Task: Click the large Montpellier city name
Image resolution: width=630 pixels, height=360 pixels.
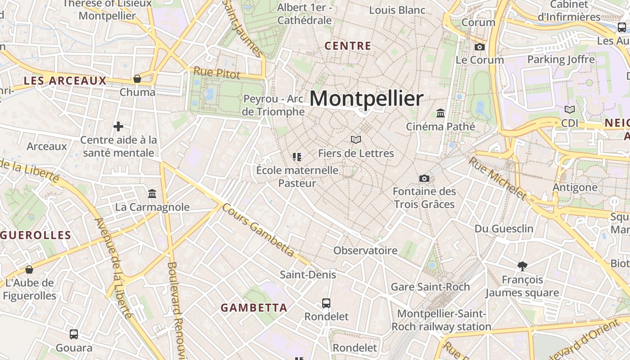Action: (x=367, y=99)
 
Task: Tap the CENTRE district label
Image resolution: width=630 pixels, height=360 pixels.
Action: (x=348, y=46)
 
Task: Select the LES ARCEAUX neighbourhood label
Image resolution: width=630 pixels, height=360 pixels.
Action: (x=65, y=81)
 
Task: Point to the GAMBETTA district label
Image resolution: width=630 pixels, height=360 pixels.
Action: (x=254, y=308)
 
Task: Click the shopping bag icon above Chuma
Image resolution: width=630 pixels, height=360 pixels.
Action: (x=137, y=79)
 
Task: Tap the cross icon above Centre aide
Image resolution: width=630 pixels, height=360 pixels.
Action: (x=118, y=126)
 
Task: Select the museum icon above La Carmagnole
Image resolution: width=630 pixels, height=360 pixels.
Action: (x=152, y=194)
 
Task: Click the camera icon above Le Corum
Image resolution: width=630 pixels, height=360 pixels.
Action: (x=480, y=47)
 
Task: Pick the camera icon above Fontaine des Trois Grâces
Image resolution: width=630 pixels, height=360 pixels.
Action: (x=424, y=179)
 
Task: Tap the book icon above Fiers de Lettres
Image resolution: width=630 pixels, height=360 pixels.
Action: (x=356, y=140)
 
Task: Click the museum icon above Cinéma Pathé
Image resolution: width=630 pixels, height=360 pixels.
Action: (x=441, y=113)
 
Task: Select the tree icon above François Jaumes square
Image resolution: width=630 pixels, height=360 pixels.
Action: (x=522, y=266)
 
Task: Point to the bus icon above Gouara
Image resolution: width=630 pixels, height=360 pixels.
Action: (x=74, y=334)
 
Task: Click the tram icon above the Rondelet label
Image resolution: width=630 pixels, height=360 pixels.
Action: (x=326, y=303)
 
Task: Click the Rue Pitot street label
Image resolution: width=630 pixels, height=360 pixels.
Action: (x=216, y=73)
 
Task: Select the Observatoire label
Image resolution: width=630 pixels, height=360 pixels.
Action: (x=365, y=250)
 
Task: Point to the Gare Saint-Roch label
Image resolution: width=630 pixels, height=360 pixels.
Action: (x=430, y=287)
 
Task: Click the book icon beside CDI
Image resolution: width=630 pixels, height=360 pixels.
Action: (x=570, y=109)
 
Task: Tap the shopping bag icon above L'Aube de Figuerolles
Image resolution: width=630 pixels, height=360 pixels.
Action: (x=29, y=270)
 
